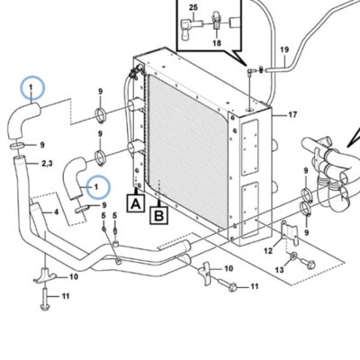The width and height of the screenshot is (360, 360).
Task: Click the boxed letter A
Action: (136, 203)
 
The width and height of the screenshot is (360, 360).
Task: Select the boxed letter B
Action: (159, 215)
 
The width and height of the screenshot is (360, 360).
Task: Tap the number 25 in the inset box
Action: (193, 7)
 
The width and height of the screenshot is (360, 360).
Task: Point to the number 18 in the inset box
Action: (217, 43)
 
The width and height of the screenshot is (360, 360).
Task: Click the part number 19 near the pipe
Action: (284, 49)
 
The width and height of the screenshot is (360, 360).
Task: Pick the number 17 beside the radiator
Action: (292, 114)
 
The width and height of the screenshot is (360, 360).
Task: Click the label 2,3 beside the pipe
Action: (48, 164)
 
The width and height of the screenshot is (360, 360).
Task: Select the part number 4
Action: (56, 212)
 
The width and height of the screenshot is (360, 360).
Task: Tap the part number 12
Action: (268, 250)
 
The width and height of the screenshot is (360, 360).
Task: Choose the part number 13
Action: (279, 270)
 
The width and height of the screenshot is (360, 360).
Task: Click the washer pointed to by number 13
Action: (293, 256)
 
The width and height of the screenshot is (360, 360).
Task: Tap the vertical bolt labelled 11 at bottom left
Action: (44, 299)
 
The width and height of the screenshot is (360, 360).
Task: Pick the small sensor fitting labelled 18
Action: (217, 20)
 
